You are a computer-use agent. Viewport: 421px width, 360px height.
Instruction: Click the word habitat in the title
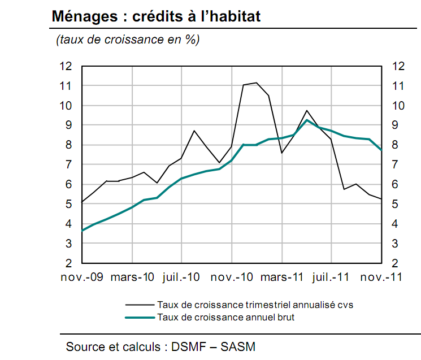(233, 16)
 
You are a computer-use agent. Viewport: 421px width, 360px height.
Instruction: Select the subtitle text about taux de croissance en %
(127, 40)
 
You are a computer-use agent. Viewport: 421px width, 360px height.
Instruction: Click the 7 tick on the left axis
(70, 164)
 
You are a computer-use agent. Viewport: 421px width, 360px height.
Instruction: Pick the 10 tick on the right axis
(398, 106)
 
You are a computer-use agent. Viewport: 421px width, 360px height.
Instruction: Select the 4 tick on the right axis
(394, 224)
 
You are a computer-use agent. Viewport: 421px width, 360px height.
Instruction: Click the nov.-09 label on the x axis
(82, 277)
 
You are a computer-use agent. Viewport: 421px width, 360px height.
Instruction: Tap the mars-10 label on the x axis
(132, 277)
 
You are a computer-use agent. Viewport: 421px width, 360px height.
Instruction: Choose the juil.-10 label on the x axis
(181, 277)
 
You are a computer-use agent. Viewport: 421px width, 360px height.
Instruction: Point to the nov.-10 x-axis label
(232, 277)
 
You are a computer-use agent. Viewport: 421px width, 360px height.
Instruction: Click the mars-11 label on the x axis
(281, 277)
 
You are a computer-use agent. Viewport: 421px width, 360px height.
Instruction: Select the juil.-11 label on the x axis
(331, 277)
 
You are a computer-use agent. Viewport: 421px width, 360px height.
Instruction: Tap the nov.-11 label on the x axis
(380, 277)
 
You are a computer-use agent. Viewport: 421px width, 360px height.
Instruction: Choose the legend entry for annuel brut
(226, 317)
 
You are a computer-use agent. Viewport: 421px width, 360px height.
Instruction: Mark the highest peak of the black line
(257, 83)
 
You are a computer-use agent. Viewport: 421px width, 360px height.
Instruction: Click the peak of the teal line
(306, 120)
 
